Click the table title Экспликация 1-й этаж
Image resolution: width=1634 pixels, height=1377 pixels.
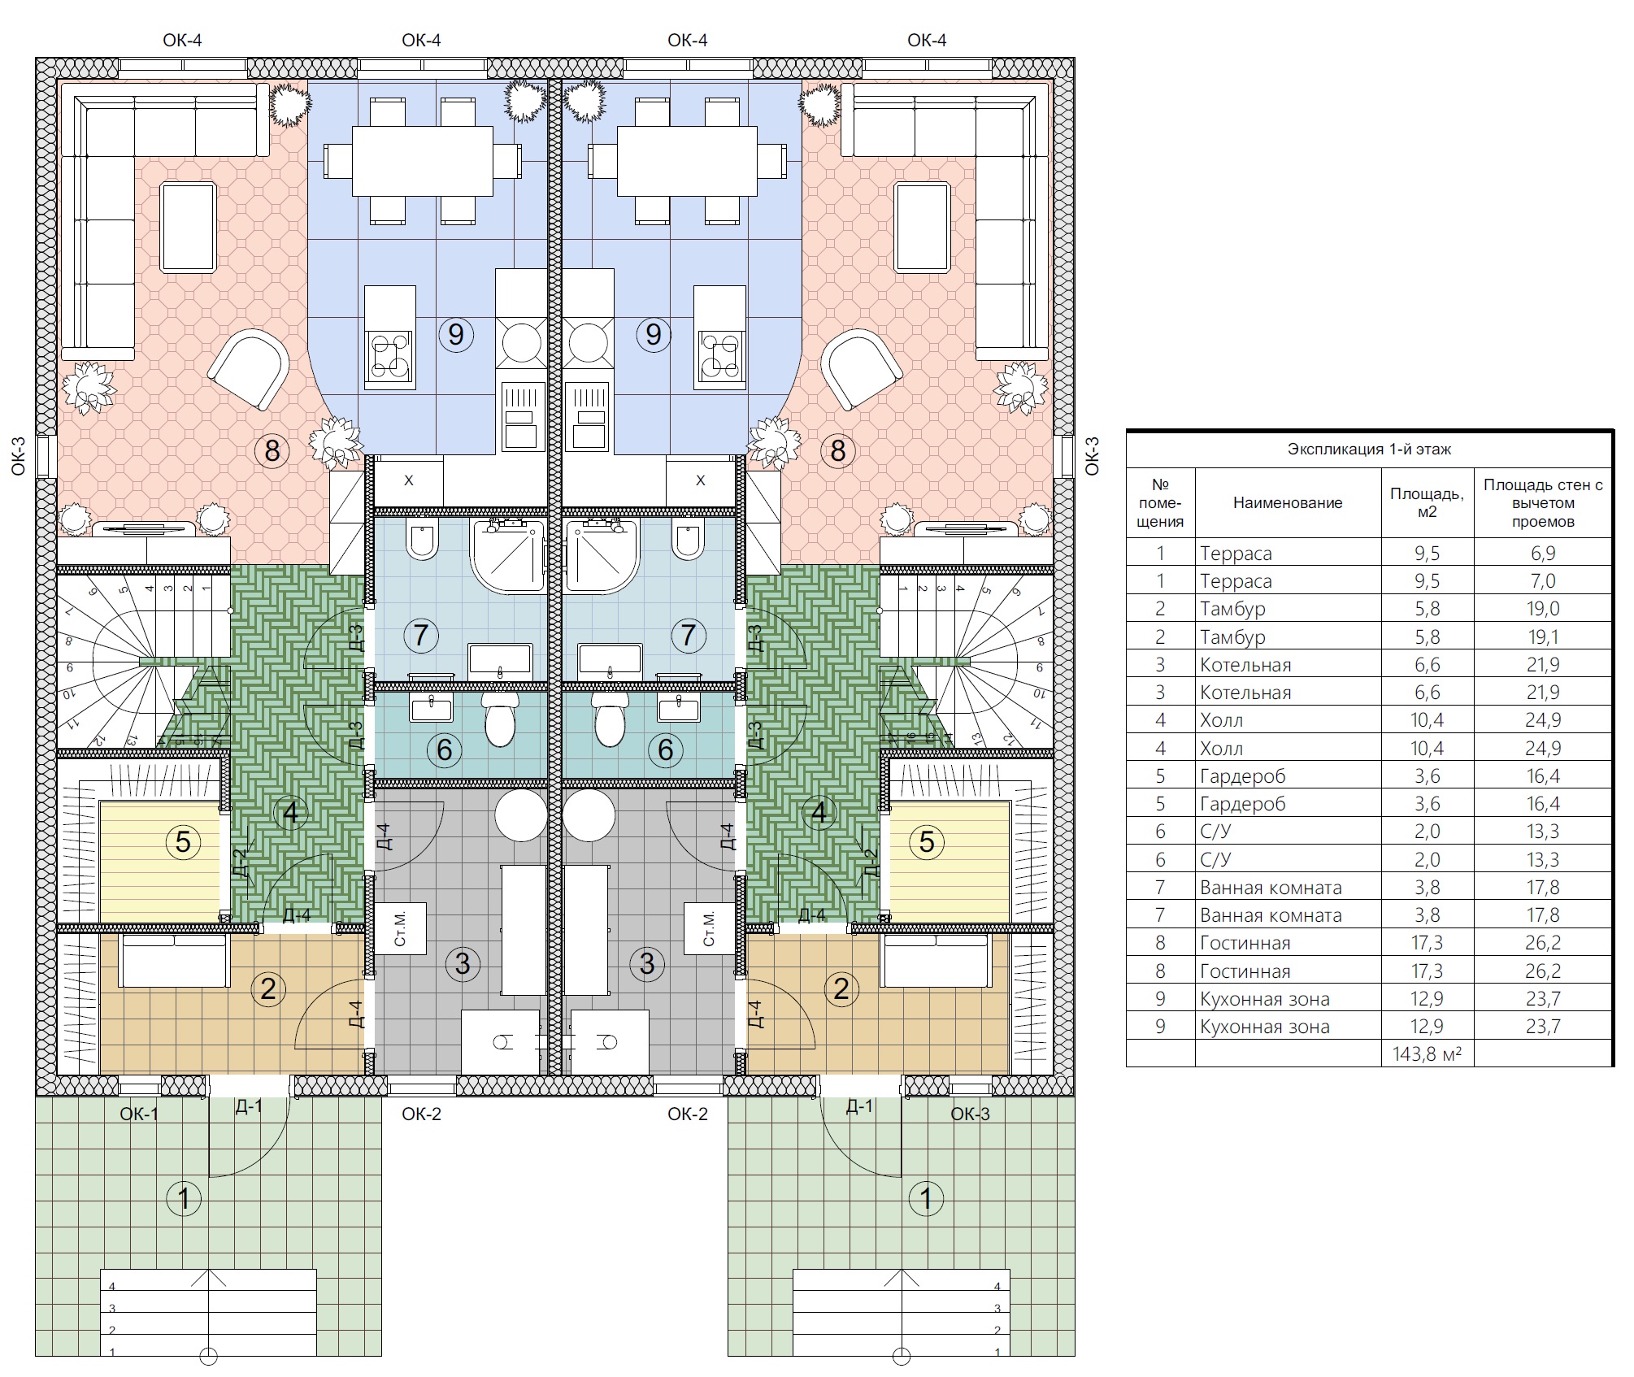click(1369, 449)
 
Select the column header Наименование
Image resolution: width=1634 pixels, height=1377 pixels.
click(1288, 502)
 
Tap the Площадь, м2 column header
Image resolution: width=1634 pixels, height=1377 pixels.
click(1427, 502)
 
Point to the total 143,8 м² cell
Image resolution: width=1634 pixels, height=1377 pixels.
click(1427, 1054)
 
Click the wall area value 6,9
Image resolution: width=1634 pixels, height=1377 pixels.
click(1542, 554)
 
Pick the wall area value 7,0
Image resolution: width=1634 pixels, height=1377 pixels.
click(1542, 581)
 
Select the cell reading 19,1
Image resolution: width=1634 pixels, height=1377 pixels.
click(1542, 637)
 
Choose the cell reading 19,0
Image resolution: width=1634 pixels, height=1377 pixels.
click(1542, 609)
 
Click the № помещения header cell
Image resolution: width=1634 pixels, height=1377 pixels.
click(1160, 502)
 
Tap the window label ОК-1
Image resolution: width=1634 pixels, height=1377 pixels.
click(139, 1114)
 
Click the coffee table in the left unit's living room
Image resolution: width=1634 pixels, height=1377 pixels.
click(189, 228)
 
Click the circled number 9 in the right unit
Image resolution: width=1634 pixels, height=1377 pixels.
click(654, 334)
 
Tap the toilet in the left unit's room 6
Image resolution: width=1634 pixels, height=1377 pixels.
click(499, 719)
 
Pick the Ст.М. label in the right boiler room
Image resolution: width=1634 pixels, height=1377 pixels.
click(709, 928)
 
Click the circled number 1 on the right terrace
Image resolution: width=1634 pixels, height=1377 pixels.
click(926, 1197)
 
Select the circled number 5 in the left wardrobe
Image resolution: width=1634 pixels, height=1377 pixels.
click(183, 841)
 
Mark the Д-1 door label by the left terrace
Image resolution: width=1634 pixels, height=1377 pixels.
click(249, 1106)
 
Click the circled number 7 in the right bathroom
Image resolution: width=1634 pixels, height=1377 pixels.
click(689, 635)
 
